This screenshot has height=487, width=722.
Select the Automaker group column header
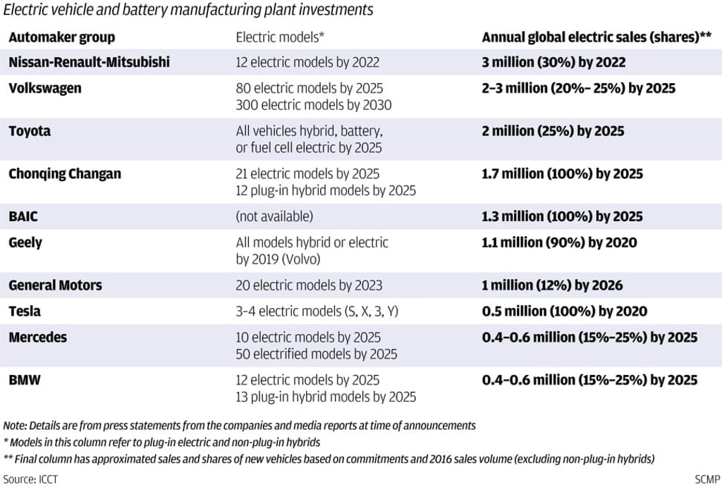pos(61,37)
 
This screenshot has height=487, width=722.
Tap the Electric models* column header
pos(279,37)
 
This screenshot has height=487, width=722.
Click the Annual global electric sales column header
pos(596,37)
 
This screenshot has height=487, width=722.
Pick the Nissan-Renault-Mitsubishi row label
pos(89,62)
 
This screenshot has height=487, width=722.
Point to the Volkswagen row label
pos(44,88)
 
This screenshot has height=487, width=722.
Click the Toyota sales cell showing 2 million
pos(553,131)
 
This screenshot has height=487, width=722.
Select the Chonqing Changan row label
pos(64,173)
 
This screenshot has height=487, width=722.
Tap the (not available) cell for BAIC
pos(274,216)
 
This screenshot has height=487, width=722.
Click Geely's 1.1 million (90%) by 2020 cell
pos(559,242)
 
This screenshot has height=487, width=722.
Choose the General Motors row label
pos(55,285)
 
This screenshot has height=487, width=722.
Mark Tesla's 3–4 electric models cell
pos(317,311)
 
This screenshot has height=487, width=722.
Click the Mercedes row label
pos(37,337)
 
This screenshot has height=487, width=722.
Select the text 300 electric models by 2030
pos(313,105)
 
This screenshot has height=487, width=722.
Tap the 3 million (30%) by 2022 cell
pos(553,62)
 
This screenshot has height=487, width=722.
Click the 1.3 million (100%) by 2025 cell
pos(562,216)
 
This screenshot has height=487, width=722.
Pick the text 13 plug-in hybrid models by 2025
pos(325,397)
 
